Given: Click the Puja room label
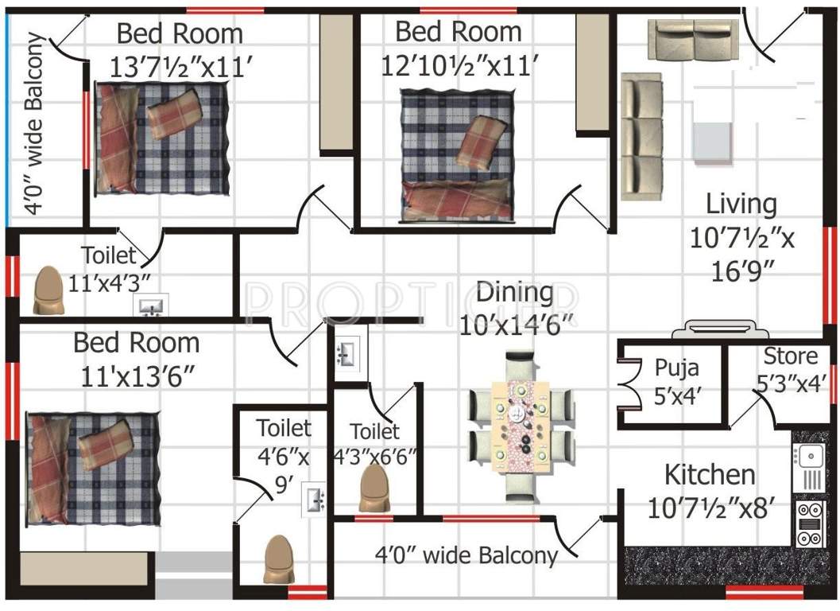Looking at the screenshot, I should point(676,368).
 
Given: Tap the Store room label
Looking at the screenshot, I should point(791,356).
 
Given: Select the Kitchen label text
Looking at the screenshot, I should point(710,475).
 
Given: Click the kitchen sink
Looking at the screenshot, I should point(809,456).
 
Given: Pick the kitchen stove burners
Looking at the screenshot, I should point(809,523).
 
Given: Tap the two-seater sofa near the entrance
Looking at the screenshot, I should point(694,40).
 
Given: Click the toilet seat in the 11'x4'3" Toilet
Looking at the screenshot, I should point(48,290).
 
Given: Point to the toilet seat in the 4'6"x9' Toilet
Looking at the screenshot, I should point(279,558).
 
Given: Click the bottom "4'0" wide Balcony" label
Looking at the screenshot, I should point(466,555).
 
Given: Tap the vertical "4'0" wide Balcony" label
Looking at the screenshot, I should point(35,123).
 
